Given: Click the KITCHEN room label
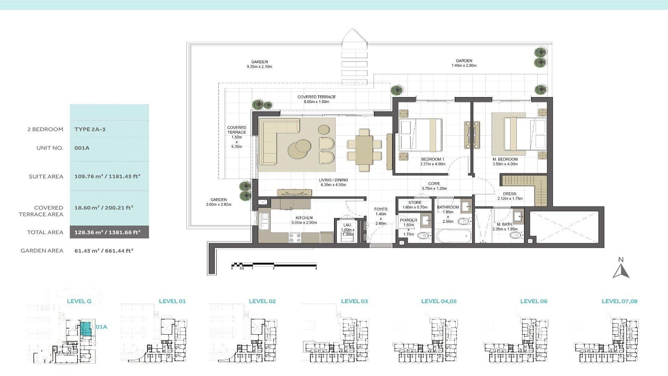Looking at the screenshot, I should (x=304, y=218).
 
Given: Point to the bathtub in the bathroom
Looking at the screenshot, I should (x=453, y=236).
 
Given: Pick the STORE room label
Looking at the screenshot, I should (x=415, y=202).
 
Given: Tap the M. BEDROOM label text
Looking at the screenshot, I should (x=505, y=159).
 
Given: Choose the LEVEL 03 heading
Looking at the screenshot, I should (x=354, y=301).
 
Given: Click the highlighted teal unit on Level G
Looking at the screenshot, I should (x=85, y=329).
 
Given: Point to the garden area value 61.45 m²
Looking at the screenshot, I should (x=104, y=250).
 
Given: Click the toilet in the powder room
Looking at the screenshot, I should (x=422, y=236).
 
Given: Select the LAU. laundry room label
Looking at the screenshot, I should (x=347, y=225).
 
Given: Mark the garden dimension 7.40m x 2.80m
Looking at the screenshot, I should (x=464, y=65).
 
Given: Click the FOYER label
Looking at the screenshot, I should (x=381, y=209).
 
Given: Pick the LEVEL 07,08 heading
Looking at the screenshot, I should (x=619, y=301).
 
